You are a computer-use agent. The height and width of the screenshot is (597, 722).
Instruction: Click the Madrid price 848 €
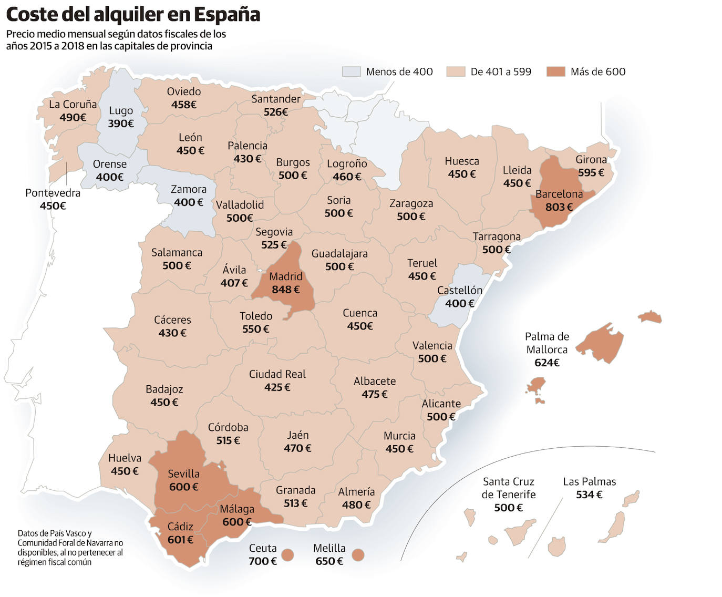coord(285,290)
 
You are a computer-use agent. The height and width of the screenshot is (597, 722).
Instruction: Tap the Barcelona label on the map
coord(559,194)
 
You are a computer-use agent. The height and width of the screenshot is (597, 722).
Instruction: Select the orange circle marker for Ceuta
coord(287,555)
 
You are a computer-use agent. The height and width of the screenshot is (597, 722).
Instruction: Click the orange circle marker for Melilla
coord(358,555)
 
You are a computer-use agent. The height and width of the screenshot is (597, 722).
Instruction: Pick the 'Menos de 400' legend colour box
coord(351,71)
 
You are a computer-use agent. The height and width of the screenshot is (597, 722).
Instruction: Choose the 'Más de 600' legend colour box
coord(555,71)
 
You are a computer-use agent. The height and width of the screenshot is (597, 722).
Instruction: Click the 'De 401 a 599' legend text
coord(501,72)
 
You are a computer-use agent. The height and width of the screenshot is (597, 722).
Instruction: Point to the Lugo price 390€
coord(121,124)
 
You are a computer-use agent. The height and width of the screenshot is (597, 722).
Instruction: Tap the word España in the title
coord(227,14)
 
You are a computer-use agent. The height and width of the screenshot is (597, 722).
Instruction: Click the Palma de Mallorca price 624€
coord(546,363)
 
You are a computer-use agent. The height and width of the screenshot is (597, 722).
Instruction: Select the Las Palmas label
coord(589,481)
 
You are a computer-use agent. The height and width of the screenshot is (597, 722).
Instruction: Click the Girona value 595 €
coord(591,173)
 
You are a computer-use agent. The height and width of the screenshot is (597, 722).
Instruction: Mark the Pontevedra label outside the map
coord(53,193)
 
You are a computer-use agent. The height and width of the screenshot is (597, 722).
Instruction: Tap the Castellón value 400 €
coord(459,304)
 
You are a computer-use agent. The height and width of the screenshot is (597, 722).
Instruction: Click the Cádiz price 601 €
coord(180,540)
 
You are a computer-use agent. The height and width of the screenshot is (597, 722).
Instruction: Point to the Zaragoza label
coord(411,203)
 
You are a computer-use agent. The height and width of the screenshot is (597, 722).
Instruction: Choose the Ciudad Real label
coord(277,374)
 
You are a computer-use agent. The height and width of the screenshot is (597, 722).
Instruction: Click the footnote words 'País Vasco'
coord(61,533)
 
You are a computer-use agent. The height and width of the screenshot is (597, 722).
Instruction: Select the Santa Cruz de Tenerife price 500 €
coord(508,508)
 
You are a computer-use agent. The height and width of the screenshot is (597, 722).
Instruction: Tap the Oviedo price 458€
coord(183,105)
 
